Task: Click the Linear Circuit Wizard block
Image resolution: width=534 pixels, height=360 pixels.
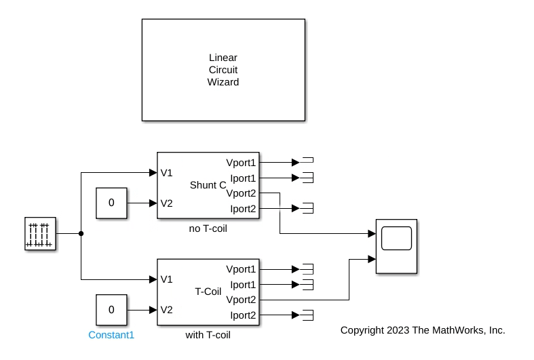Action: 223,70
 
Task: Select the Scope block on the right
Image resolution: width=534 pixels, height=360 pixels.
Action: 396,246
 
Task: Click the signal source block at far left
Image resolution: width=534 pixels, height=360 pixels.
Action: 40,234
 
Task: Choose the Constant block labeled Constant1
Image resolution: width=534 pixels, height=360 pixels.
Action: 111,310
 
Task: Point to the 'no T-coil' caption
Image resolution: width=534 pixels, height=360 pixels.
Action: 208,228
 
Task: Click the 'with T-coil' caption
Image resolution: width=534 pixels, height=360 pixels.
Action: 208,335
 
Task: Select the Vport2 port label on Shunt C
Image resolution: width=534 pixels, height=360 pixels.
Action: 241,193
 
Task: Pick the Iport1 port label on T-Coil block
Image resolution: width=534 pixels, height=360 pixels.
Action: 242,285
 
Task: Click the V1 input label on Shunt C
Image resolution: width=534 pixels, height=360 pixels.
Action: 166,173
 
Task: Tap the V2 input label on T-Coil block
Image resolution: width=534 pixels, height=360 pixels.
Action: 166,310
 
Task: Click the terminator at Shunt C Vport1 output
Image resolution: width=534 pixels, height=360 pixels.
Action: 307,163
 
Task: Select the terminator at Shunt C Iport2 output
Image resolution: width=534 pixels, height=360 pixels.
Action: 307,208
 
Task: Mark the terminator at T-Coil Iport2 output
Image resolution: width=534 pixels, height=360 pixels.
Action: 307,315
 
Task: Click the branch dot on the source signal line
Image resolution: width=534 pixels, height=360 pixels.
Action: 81,234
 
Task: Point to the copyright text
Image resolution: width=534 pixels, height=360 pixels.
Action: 423,330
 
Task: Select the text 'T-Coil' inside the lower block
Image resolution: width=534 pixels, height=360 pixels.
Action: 208,292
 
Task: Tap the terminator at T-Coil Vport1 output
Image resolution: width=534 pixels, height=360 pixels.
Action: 307,269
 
